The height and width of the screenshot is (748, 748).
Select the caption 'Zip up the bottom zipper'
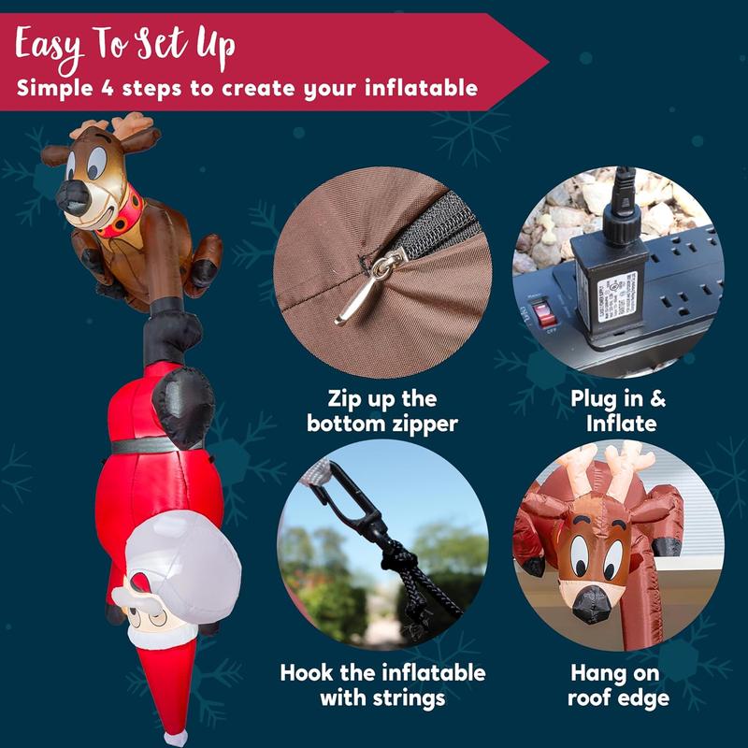[x=383, y=411]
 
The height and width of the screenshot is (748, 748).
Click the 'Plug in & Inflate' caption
[x=618, y=411]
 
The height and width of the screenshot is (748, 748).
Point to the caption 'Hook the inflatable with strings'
[x=383, y=685]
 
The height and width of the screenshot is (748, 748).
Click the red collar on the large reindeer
[x=120, y=217]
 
